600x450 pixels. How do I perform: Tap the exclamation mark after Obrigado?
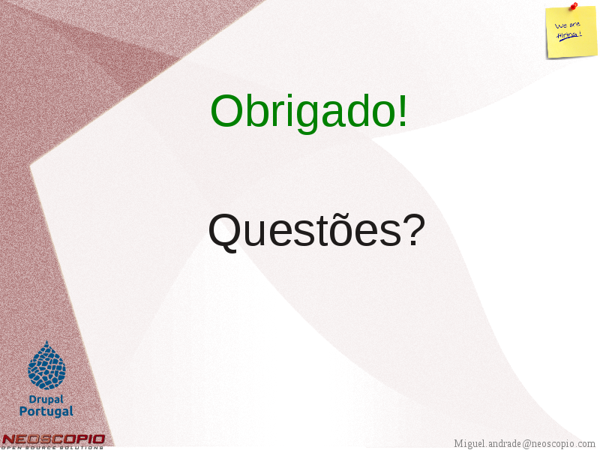coord(403,110)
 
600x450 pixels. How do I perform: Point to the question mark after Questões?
coord(415,229)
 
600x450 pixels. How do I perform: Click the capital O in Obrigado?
coord(226,111)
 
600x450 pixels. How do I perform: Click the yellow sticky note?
coord(571,32)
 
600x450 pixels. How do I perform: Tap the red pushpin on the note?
coord(574,6)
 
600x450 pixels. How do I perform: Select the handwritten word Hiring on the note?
coord(569,35)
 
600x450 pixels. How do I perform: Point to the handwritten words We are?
coord(568,25)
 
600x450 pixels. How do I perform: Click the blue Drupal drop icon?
coord(46,365)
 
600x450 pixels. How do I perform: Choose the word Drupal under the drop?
coord(46,400)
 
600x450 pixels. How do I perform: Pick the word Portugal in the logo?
coord(46,412)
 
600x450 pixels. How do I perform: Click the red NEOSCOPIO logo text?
coord(53,439)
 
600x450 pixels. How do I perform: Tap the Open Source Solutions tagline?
coord(52,447)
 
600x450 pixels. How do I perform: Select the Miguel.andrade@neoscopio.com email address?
coord(524,444)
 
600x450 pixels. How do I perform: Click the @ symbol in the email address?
coord(527,444)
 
